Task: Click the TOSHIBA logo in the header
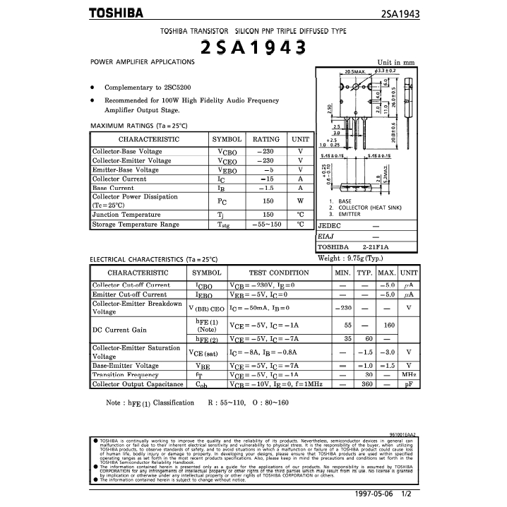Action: (x=116, y=13)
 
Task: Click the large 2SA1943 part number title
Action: (x=253, y=47)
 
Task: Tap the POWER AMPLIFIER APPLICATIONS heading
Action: (x=143, y=62)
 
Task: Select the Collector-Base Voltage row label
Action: (x=127, y=152)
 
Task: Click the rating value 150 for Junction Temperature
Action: (x=268, y=215)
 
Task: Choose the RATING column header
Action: (x=266, y=140)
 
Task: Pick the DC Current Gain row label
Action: (x=120, y=330)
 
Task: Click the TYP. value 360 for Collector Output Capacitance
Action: (x=367, y=384)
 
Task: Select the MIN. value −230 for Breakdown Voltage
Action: (x=343, y=309)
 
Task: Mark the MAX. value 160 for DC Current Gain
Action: (x=388, y=325)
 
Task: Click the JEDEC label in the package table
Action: (x=330, y=226)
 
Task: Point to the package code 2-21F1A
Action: (x=376, y=247)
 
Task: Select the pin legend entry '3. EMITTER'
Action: (x=345, y=214)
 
